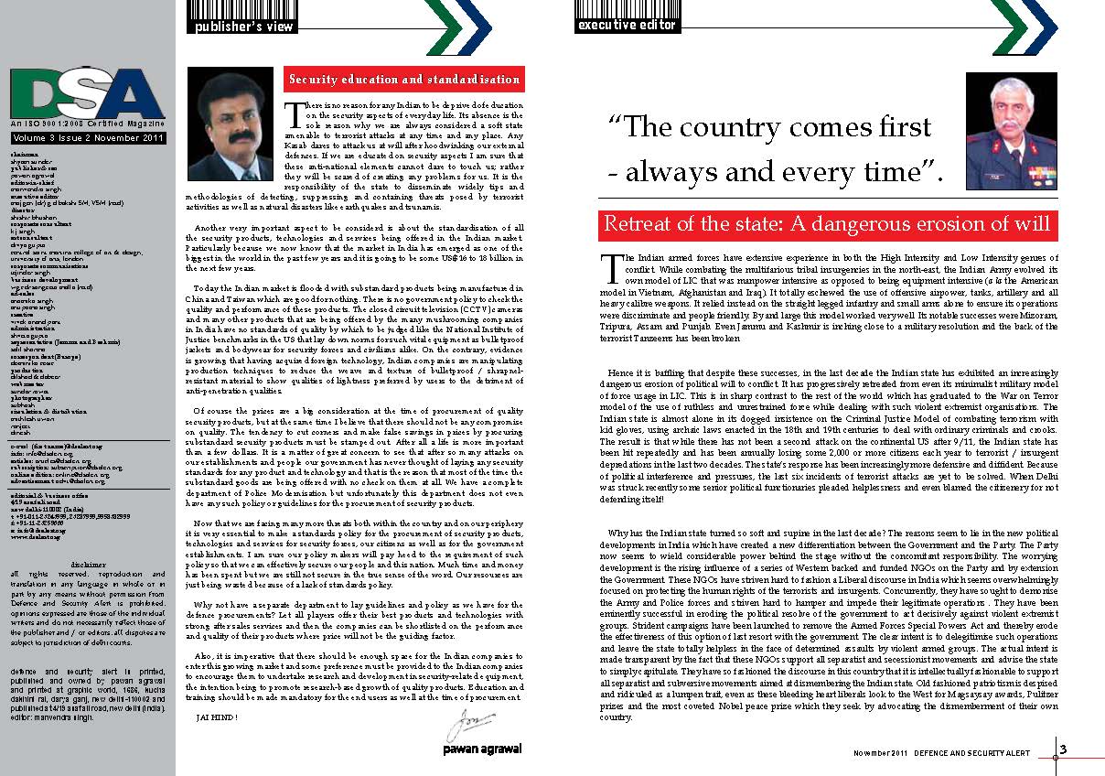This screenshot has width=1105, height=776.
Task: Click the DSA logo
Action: (88, 93)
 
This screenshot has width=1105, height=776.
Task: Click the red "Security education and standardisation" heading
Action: (404, 80)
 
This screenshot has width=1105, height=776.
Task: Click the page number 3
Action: (1063, 750)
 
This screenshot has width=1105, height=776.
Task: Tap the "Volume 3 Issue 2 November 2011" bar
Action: (88, 137)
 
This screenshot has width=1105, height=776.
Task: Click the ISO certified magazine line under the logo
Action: (88, 124)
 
